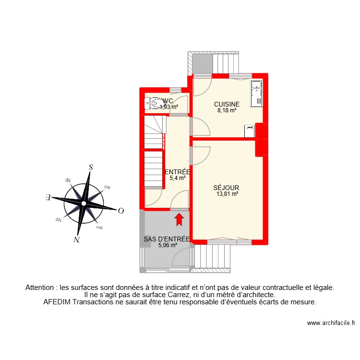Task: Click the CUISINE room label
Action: [227, 104]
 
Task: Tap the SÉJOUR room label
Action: [227, 188]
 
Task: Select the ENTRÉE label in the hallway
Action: [178, 172]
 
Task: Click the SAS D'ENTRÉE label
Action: [168, 239]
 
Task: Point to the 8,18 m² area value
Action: [227, 110]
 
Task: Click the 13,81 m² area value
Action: [227, 194]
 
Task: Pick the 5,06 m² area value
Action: [168, 245]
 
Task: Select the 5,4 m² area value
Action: [178, 178]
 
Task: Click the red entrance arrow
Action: [179, 219]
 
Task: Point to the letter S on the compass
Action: [91, 168]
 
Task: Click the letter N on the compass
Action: [76, 240]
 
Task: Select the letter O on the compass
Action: [121, 211]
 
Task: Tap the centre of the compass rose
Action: [84, 204]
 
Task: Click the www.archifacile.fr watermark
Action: [331, 324]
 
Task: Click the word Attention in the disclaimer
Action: [41, 288]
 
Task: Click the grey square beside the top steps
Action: [202, 62]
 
